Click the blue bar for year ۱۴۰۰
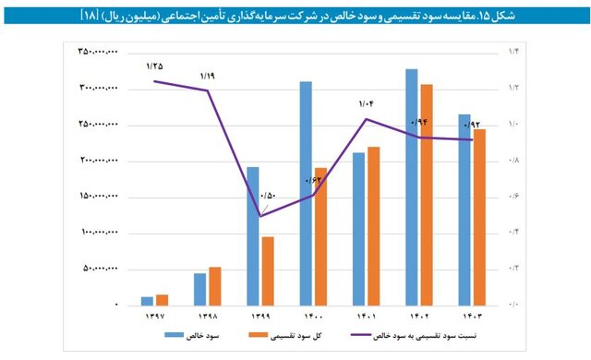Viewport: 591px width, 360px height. click(306, 193)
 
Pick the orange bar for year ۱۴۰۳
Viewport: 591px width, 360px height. click(479, 217)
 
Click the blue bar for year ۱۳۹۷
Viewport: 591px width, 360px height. click(147, 300)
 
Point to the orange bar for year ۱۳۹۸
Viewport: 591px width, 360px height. click(214, 285)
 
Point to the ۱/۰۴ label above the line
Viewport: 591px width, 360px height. click(368, 103)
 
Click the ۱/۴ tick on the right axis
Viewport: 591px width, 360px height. click(514, 53)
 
